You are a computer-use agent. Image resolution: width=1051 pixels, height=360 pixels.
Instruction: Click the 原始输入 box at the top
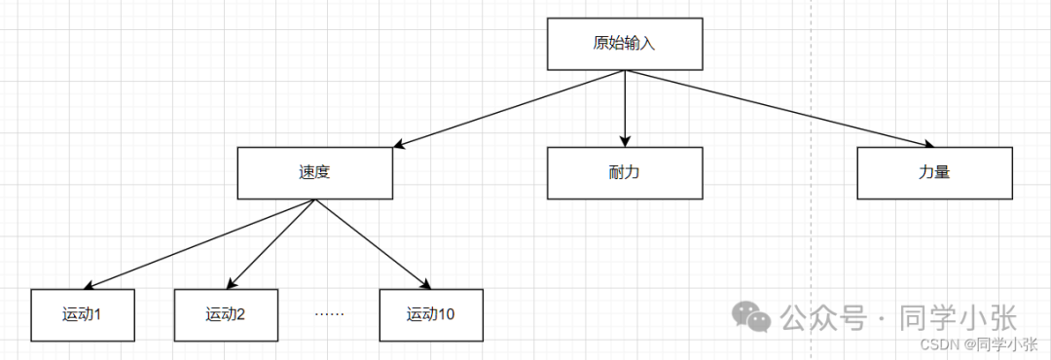point(625,44)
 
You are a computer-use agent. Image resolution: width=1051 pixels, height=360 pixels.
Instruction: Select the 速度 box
point(314,173)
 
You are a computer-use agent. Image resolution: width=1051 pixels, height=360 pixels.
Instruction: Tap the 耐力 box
point(624,173)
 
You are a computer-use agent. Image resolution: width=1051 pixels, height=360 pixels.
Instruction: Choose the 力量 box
point(934,173)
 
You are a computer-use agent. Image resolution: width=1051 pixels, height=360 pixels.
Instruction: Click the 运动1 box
point(82,314)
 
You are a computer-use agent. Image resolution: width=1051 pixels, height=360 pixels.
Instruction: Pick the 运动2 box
point(226,314)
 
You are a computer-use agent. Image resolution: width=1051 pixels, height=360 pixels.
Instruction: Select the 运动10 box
point(431,314)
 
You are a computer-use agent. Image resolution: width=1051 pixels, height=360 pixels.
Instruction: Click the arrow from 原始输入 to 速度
point(506,109)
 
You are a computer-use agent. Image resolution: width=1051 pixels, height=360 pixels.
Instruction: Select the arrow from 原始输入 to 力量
point(779,109)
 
